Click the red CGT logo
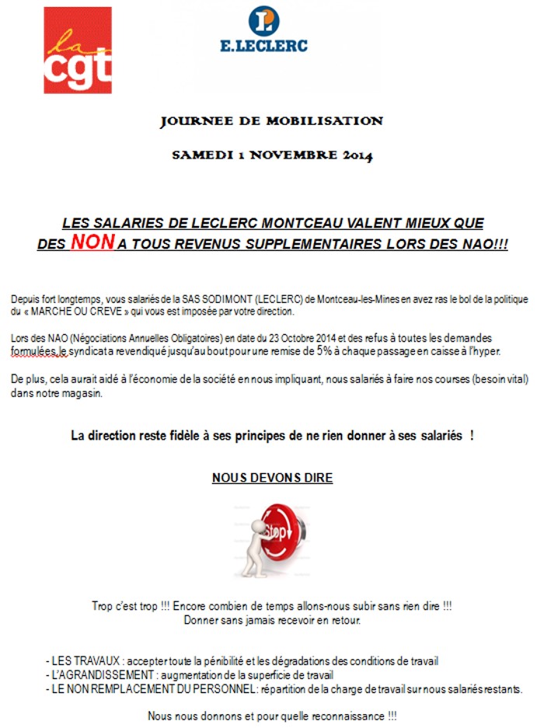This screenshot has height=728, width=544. pyautogui.click(x=78, y=51)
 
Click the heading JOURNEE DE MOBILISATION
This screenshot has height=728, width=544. pyautogui.click(x=271, y=121)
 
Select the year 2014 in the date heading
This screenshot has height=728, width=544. pyautogui.click(x=356, y=155)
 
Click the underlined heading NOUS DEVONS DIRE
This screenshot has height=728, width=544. pyautogui.click(x=272, y=478)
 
